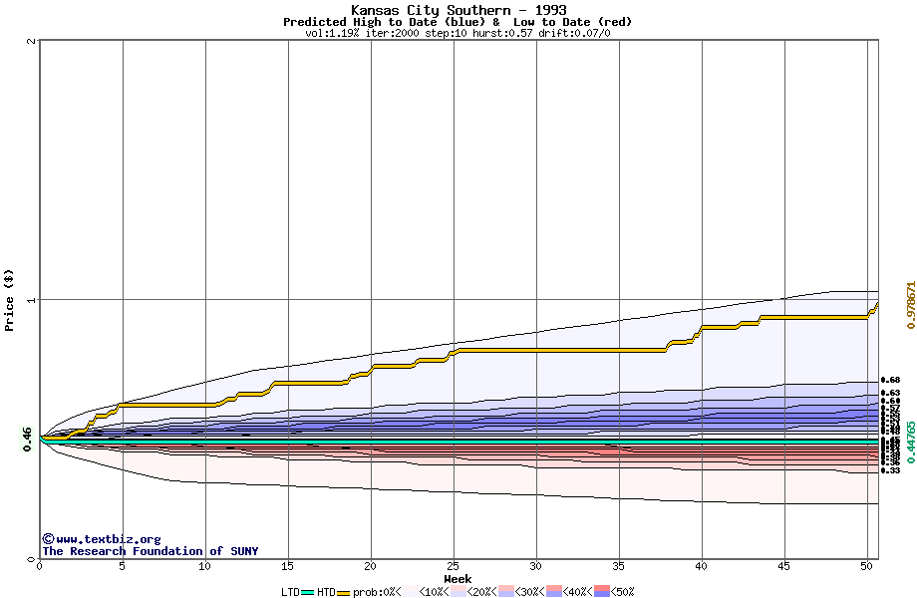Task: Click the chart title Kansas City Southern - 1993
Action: click(x=458, y=10)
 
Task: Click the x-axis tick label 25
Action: click(x=454, y=566)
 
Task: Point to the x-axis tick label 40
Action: click(x=702, y=566)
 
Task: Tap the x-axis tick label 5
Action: click(x=123, y=566)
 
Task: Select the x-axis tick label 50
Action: click(x=867, y=566)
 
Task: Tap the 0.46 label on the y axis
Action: click(x=28, y=438)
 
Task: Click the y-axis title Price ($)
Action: click(x=10, y=300)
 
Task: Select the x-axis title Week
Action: click(x=458, y=578)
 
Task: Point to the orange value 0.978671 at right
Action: click(x=909, y=300)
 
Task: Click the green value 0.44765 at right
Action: click(x=909, y=442)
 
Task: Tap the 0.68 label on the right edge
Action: click(x=891, y=380)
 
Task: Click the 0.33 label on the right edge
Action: click(x=891, y=470)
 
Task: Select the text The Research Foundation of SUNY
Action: click(x=150, y=551)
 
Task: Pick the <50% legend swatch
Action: click(x=602, y=592)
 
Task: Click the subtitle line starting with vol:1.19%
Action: click(x=458, y=33)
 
